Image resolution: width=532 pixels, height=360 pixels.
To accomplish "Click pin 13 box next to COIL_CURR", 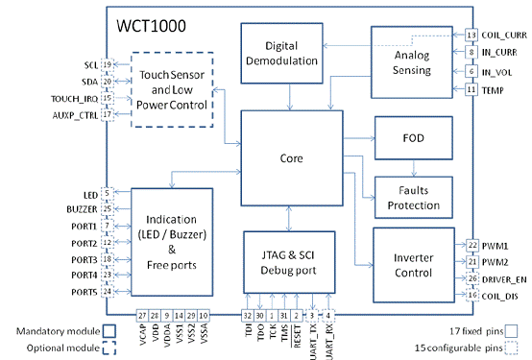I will (x=471, y=36).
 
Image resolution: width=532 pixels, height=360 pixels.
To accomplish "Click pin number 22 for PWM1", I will (x=471, y=245).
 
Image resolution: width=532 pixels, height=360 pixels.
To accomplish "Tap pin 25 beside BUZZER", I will (x=107, y=208).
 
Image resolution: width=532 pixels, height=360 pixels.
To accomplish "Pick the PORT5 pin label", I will (x=82, y=292).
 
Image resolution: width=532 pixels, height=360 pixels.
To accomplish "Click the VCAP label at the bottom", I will (x=142, y=338).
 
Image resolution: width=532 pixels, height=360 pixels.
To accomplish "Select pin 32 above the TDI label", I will (x=248, y=315).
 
